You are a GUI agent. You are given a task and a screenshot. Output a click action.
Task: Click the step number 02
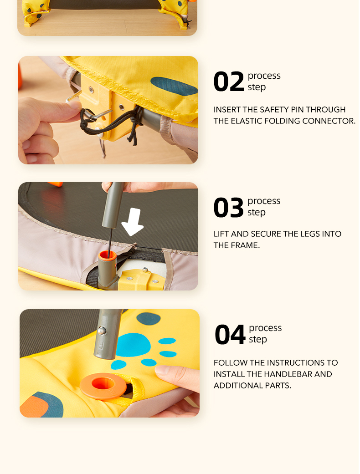(x=228, y=82)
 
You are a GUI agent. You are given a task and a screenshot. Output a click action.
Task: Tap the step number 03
(x=228, y=207)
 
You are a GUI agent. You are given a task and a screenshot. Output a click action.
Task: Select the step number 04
(x=230, y=334)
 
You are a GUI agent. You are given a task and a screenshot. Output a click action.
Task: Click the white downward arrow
(x=132, y=222)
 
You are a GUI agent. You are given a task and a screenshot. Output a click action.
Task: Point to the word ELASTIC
(x=247, y=121)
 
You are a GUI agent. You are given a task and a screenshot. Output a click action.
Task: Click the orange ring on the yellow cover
(x=103, y=385)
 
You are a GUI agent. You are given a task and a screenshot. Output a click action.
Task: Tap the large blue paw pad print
(x=134, y=345)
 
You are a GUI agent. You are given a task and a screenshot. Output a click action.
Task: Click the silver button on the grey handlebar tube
(x=102, y=331)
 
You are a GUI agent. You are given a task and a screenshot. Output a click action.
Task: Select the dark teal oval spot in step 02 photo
(x=174, y=86)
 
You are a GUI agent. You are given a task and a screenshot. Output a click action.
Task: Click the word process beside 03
(x=264, y=201)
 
